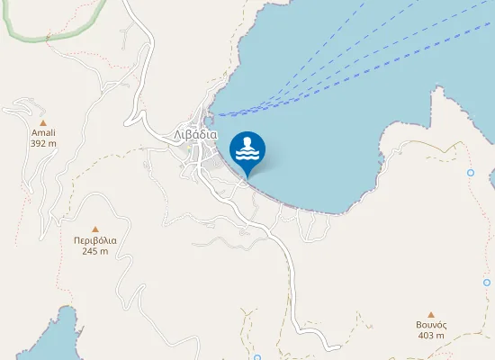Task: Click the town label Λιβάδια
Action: coord(195,134)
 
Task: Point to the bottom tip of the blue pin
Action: coord(247,175)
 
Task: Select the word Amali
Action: coord(43,132)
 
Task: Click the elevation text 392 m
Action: coord(43,143)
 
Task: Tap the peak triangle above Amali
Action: coord(41,121)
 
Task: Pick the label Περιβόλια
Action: coord(95,240)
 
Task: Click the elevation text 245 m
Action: coord(95,251)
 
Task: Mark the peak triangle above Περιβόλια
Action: coord(94,229)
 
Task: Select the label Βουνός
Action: coord(431,325)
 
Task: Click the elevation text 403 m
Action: coord(431,336)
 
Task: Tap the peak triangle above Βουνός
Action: coord(431,314)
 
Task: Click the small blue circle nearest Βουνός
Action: coord(487,283)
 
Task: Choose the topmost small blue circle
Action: coord(470,172)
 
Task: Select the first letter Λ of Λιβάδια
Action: coord(177,134)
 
